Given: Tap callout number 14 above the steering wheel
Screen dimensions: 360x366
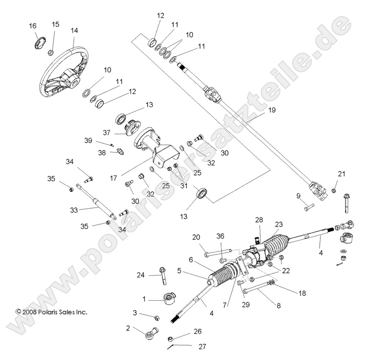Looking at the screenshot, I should pyautogui.click(x=74, y=30).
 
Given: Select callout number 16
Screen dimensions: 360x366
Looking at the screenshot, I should pyautogui.click(x=32, y=25).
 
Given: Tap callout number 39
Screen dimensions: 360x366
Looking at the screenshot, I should pyautogui.click(x=88, y=140).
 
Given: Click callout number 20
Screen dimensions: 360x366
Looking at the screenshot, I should pyautogui.click(x=196, y=237).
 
